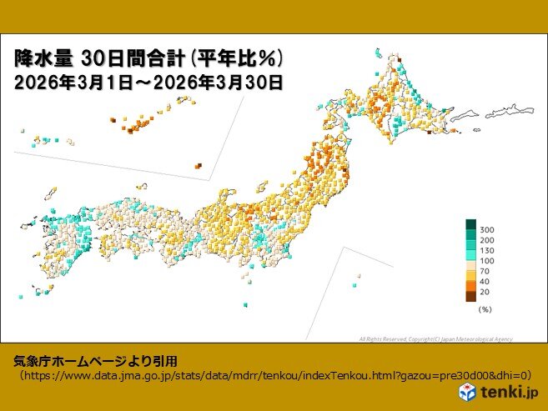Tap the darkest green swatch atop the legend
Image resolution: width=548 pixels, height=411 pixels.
tap(470, 223)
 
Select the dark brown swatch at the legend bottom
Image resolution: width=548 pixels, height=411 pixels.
tap(470, 295)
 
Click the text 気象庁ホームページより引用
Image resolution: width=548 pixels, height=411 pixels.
tap(96, 361)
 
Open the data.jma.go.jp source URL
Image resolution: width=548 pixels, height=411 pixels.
tap(275, 376)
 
